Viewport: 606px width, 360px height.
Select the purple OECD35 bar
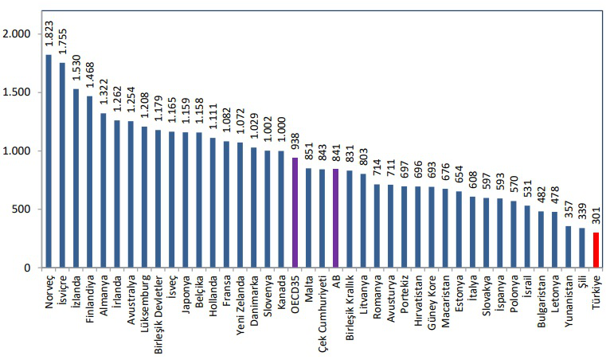(x=294, y=213)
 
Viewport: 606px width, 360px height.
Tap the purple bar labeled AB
(x=335, y=218)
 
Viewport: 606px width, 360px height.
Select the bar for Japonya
(x=185, y=200)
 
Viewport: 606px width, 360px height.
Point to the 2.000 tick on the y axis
(x=16, y=34)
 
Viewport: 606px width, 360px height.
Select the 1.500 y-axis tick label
(x=16, y=92)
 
